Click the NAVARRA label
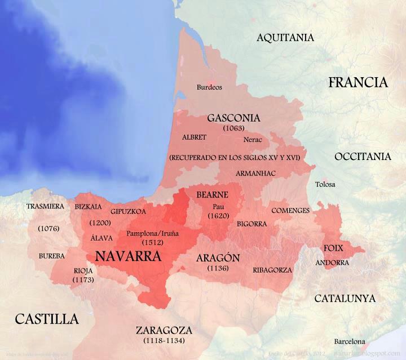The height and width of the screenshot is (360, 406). (129, 256)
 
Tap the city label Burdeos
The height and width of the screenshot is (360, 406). (209, 87)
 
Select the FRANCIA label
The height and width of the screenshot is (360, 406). (358, 82)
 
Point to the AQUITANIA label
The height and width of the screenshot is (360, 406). (285, 38)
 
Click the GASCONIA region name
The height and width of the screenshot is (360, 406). (233, 118)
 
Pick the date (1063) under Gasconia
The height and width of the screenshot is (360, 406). (233, 128)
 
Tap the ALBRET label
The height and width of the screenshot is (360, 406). (194, 137)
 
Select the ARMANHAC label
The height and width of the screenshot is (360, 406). (255, 173)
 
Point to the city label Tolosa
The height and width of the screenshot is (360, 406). (325, 184)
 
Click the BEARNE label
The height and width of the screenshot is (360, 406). (212, 195)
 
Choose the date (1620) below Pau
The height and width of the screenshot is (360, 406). (217, 216)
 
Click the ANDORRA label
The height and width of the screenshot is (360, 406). (328, 263)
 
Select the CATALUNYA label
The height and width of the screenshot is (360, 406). (345, 298)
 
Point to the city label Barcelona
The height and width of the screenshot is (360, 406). (349, 341)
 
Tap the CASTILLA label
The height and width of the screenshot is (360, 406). (46, 319)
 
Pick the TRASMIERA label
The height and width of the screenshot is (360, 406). (45, 206)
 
